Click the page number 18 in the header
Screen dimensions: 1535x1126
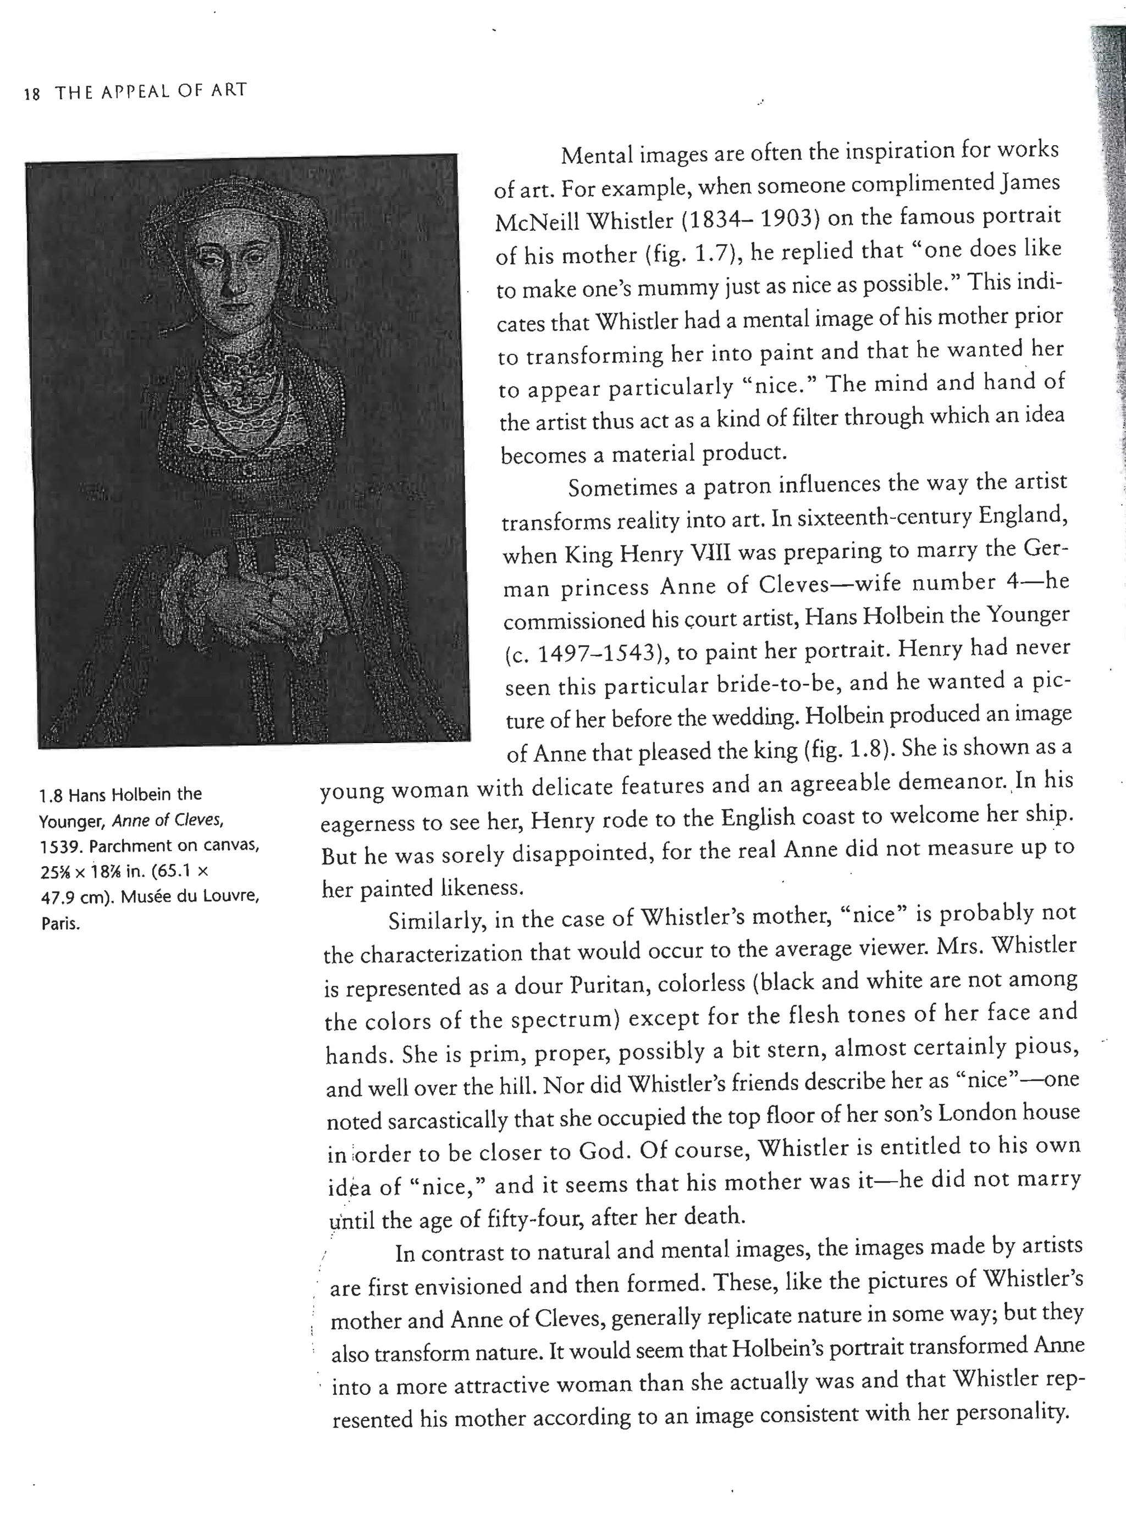click(x=32, y=94)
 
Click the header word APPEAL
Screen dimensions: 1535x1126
click(x=136, y=91)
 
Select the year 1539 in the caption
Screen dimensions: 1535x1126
click(x=60, y=846)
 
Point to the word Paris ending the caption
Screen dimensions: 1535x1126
click(x=60, y=924)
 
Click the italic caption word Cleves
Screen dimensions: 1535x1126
click(x=199, y=821)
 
